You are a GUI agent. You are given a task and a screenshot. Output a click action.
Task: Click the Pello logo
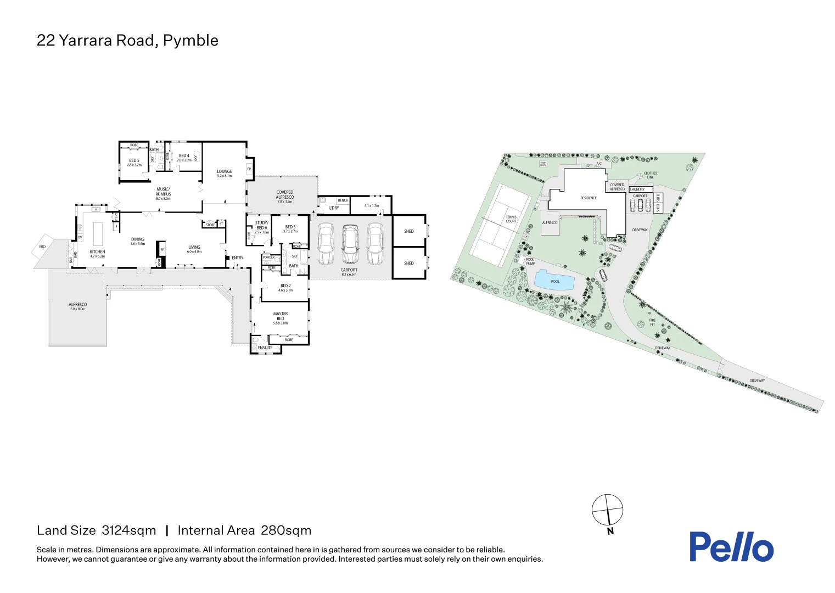click(731, 546)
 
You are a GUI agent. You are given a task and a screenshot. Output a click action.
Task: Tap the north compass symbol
click(607, 510)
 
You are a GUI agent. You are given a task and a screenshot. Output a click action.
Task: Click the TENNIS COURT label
click(511, 219)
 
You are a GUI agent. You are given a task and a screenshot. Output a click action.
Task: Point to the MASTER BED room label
click(280, 316)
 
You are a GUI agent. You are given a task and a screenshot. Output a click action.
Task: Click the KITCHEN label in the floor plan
click(97, 252)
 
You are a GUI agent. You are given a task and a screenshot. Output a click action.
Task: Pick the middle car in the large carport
click(350, 244)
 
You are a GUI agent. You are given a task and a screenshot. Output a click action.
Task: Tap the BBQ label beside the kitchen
click(42, 247)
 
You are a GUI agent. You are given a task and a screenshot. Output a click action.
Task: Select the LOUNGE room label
click(224, 171)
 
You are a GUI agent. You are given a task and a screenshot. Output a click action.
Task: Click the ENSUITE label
click(265, 348)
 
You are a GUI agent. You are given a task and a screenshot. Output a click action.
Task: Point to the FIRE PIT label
click(652, 322)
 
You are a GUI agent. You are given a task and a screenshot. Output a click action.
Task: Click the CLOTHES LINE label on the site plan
click(650, 175)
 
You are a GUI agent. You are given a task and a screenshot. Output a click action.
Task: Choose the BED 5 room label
click(134, 160)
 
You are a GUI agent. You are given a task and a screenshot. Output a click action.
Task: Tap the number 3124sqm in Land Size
click(129, 530)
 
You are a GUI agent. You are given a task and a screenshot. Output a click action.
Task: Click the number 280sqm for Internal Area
click(286, 530)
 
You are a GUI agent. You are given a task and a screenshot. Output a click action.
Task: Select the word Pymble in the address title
click(190, 41)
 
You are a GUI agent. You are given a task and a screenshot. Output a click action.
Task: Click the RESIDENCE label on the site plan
click(588, 198)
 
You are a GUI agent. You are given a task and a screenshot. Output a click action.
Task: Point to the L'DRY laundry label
click(334, 208)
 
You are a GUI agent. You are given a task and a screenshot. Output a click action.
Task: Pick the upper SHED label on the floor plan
click(409, 231)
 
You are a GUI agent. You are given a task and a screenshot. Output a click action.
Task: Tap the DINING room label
click(138, 239)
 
